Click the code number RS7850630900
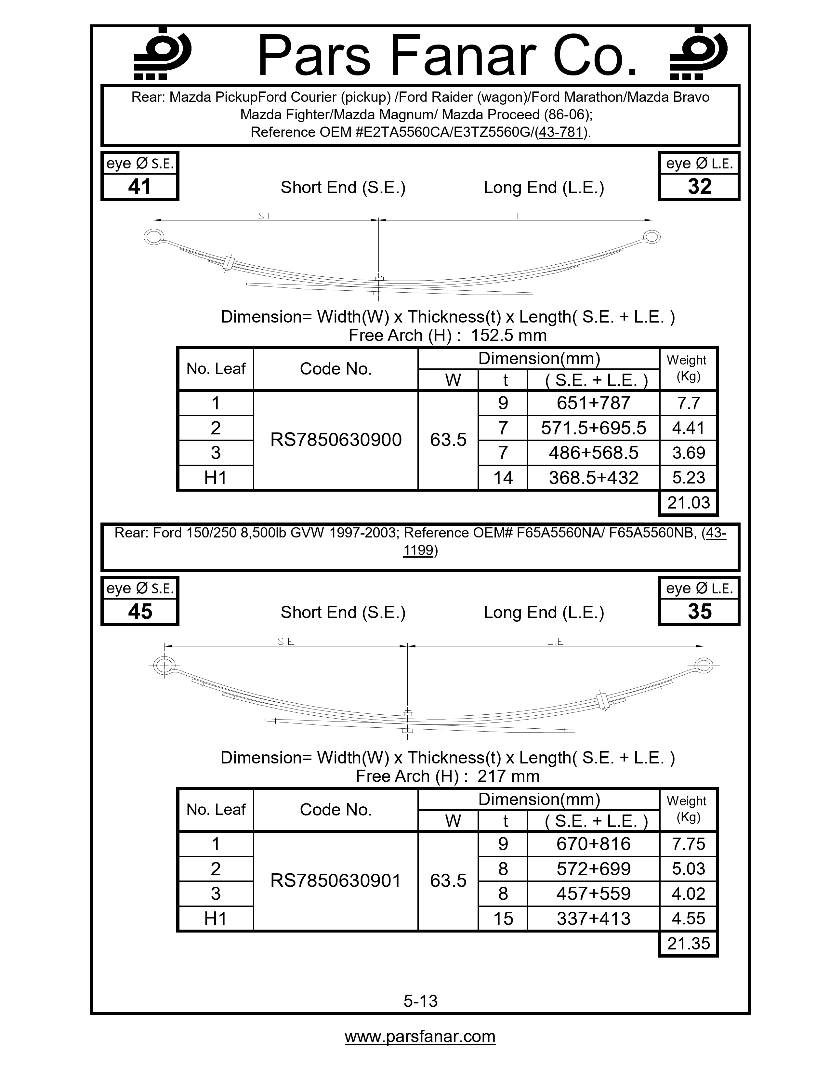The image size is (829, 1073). coord(336,440)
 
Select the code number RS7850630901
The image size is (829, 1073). coord(336,881)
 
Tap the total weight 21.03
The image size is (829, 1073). coord(688,503)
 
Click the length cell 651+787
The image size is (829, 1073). coord(593,404)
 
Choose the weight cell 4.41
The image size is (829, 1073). coord(688,428)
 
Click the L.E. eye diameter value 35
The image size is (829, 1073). coord(699,612)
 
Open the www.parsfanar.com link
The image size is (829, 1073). coord(420,1036)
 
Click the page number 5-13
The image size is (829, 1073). coord(420,1001)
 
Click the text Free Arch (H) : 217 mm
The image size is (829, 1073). coord(447,776)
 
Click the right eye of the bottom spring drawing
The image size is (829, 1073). coord(704,666)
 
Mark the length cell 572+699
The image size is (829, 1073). coord(593,868)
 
